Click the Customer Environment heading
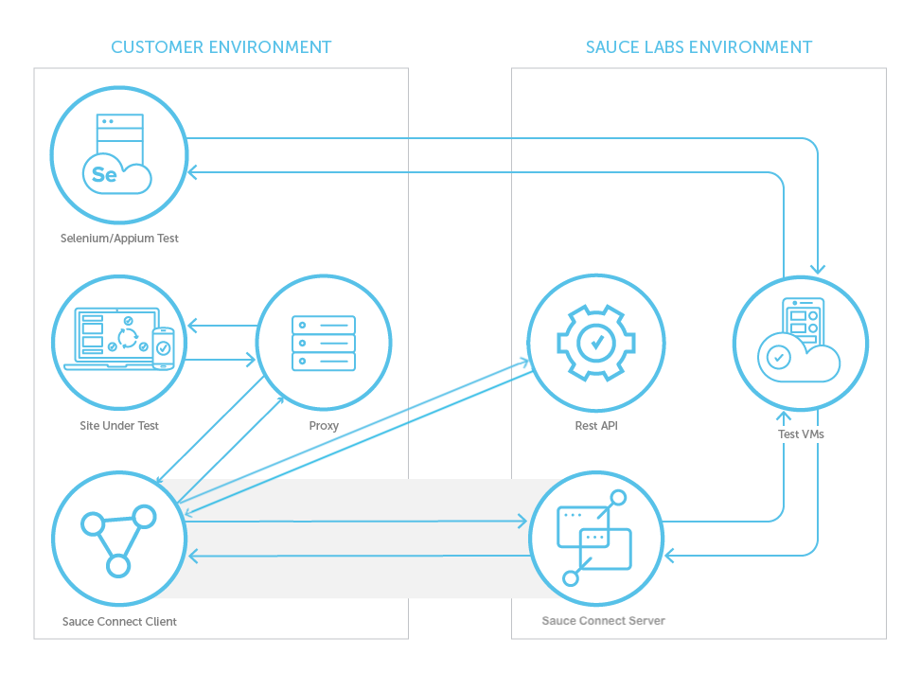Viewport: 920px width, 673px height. click(x=221, y=46)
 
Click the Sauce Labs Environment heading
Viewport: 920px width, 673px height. click(x=699, y=46)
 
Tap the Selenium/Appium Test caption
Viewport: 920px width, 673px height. click(x=119, y=239)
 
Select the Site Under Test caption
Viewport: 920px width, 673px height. click(x=119, y=426)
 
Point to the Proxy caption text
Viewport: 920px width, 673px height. click(x=324, y=426)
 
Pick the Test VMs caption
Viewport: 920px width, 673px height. click(x=800, y=434)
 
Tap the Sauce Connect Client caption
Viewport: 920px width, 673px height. click(x=119, y=622)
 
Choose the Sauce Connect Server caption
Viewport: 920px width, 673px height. click(x=603, y=621)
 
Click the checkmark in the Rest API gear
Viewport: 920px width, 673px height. click(x=595, y=342)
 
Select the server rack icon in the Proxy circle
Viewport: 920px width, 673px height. click(x=324, y=343)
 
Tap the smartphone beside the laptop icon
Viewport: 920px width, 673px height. click(x=163, y=348)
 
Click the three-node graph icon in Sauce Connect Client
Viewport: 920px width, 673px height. click(x=118, y=539)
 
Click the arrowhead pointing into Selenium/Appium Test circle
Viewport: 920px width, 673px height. click(x=192, y=172)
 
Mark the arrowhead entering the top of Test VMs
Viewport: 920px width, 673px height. click(x=818, y=269)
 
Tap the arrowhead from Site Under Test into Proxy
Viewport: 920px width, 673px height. click(x=251, y=360)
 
